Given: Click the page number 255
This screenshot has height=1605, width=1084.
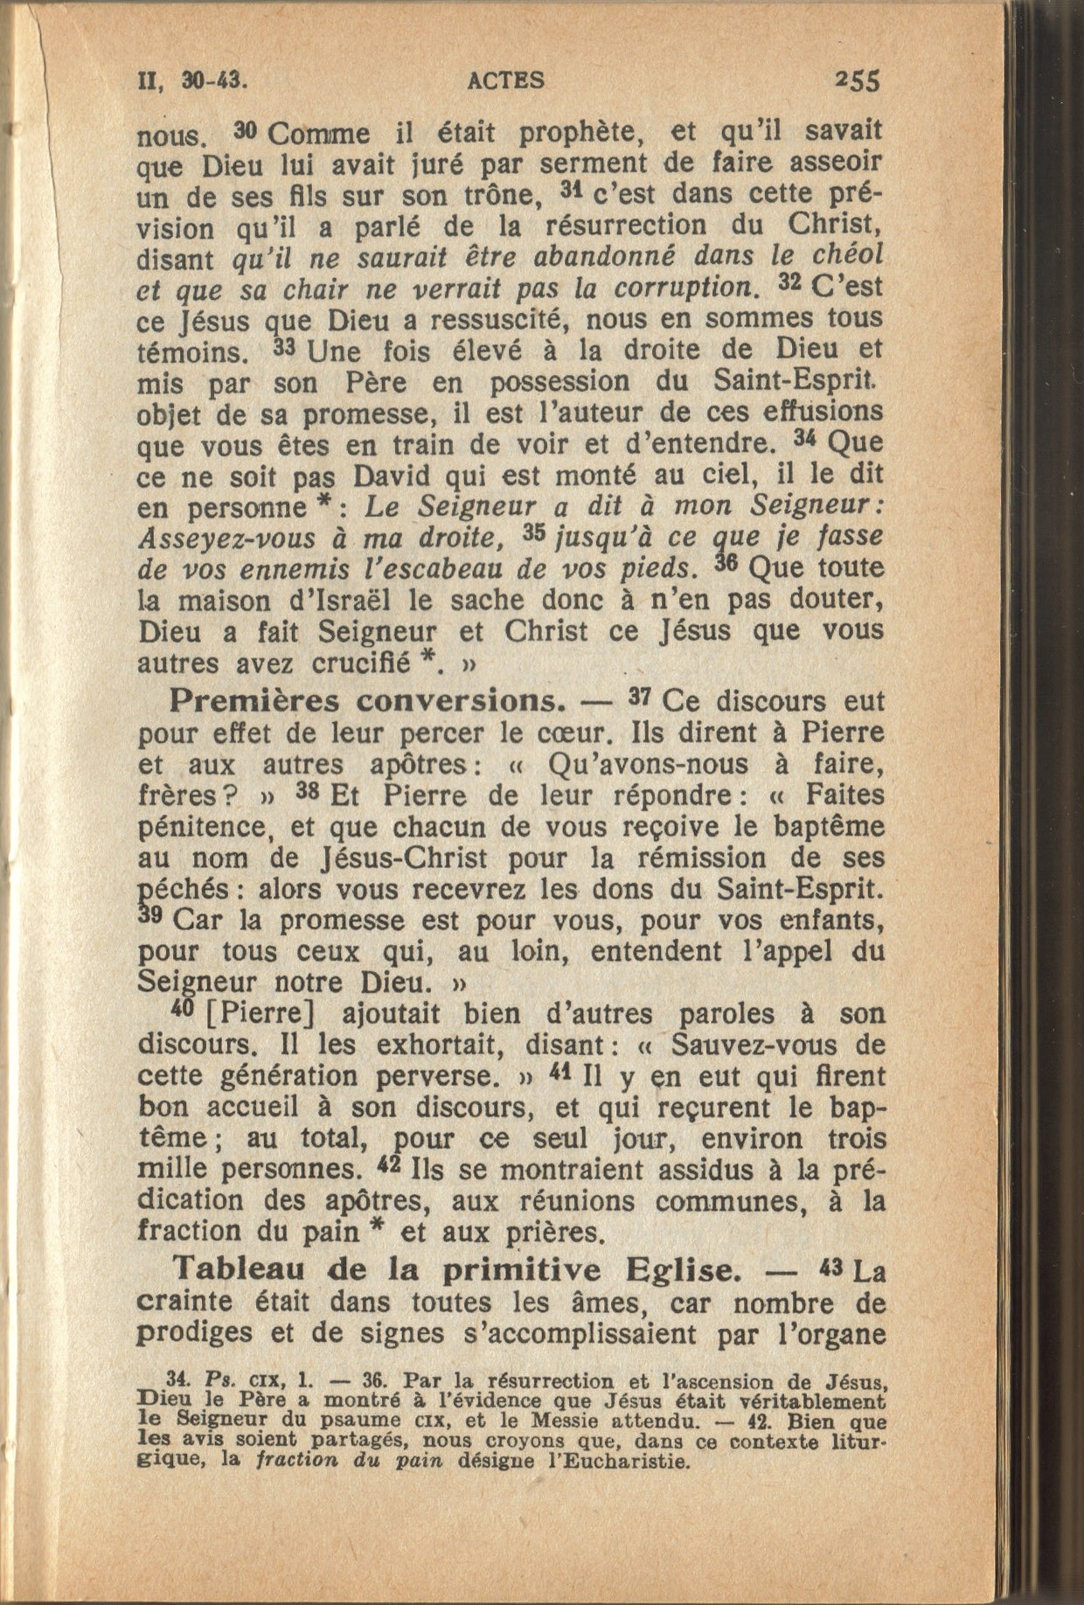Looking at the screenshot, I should tap(857, 80).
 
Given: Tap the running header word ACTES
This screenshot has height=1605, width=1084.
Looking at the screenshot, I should tap(506, 80).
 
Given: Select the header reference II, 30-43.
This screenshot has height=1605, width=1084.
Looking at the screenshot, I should tap(192, 80).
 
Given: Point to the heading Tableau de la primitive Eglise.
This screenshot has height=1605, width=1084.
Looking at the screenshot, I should tap(461, 1268).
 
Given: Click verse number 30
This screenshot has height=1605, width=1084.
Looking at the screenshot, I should tap(246, 131).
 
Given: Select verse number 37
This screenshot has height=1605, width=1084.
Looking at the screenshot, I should tap(643, 698).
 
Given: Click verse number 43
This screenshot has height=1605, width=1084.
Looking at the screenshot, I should tap(831, 1266).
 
